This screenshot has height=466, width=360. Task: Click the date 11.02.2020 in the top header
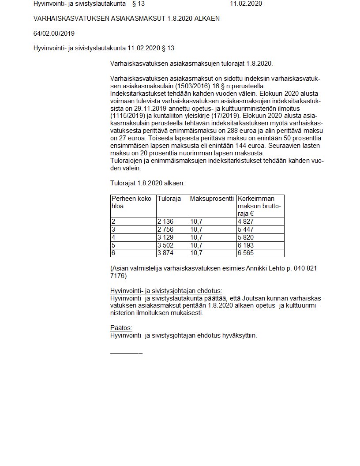click(x=246, y=4)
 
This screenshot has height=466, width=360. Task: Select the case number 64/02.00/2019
click(x=54, y=34)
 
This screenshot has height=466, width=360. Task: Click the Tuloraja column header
click(x=169, y=199)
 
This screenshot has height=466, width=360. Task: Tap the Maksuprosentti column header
click(x=212, y=199)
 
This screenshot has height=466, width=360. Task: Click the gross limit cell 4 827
click(x=245, y=222)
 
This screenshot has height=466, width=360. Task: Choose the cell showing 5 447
click(x=245, y=229)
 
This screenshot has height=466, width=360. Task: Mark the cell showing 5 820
click(x=245, y=237)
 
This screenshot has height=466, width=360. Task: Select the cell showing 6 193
click(x=245, y=245)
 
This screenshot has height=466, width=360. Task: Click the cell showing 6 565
click(x=245, y=253)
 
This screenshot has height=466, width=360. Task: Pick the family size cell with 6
click(x=113, y=253)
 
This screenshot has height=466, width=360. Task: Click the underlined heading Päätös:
click(x=121, y=328)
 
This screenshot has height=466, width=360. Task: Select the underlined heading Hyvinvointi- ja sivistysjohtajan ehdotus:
click(x=166, y=291)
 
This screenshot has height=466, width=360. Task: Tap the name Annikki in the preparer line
click(x=260, y=268)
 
